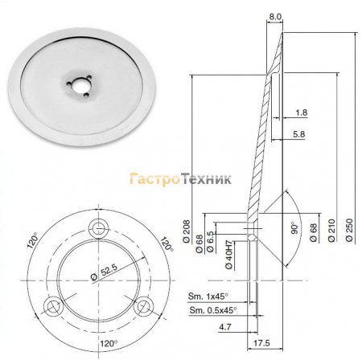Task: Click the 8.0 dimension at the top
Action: pos(275,17)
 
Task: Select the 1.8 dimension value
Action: pos(302,112)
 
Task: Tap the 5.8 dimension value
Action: pos(299,134)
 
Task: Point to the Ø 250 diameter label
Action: pos(349,230)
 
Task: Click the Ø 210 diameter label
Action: pos(331,231)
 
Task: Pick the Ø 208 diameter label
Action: pos(187,231)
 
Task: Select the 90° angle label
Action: pos(294,228)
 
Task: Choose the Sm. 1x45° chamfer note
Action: pos(208,297)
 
